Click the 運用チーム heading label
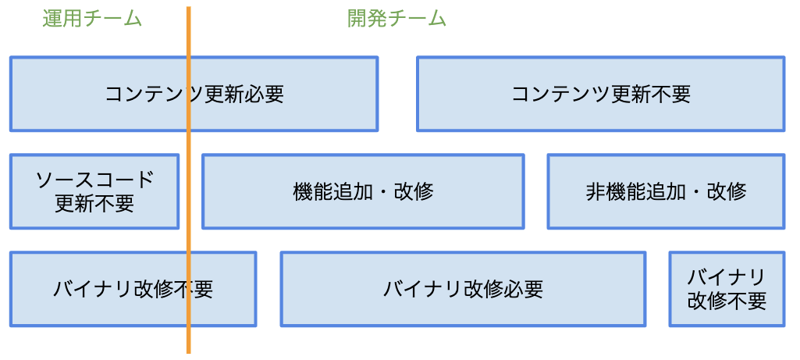(x=92, y=19)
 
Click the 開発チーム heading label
(x=396, y=19)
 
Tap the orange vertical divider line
(x=188, y=234)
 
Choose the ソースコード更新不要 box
(x=94, y=191)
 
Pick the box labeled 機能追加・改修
(x=363, y=191)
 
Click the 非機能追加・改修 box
(x=666, y=191)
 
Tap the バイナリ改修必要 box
(x=463, y=289)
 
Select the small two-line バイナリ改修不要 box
(x=727, y=289)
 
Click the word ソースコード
(x=94, y=180)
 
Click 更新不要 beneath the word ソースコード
(x=94, y=204)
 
